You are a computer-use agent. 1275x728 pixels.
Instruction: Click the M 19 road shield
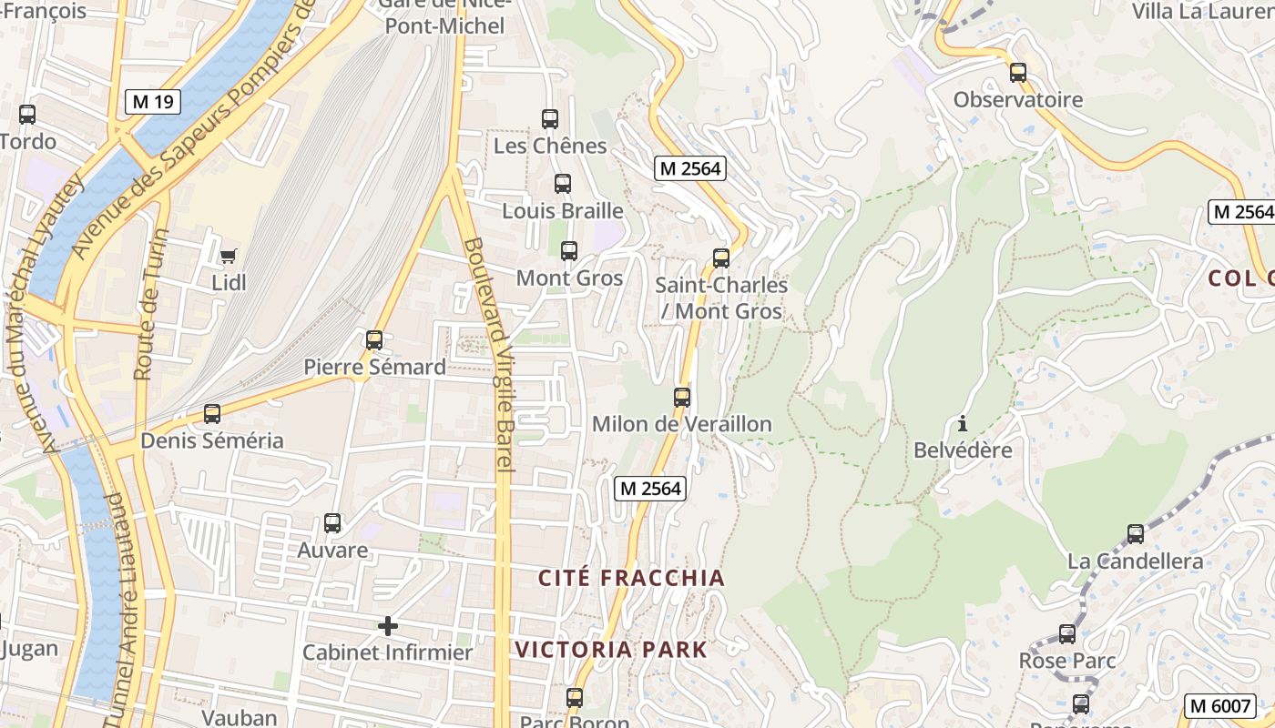152,102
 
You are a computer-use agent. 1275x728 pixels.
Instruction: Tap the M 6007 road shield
1219,704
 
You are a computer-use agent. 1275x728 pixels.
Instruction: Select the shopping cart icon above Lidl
228,256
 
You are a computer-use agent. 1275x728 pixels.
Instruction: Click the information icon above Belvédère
962,423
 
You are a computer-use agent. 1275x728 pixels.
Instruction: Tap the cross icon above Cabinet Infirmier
388,626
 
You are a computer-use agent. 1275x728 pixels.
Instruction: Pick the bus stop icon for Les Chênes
549,119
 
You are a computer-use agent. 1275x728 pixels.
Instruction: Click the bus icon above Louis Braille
563,184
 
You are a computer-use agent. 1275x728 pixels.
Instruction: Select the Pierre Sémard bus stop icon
374,340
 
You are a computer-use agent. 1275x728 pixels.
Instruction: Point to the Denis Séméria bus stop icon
212,414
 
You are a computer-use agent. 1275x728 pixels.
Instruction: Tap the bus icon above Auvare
332,523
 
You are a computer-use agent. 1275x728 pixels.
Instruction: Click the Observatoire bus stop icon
1018,73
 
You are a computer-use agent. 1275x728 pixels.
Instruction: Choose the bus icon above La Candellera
1135,534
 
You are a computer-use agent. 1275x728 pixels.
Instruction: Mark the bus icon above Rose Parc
1066,634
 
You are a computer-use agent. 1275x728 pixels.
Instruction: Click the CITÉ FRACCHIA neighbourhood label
631,578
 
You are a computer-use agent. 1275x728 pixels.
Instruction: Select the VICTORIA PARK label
611,650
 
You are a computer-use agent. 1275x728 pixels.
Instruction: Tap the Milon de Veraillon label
681,424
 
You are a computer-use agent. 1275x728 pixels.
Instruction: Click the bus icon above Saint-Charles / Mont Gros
721,258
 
